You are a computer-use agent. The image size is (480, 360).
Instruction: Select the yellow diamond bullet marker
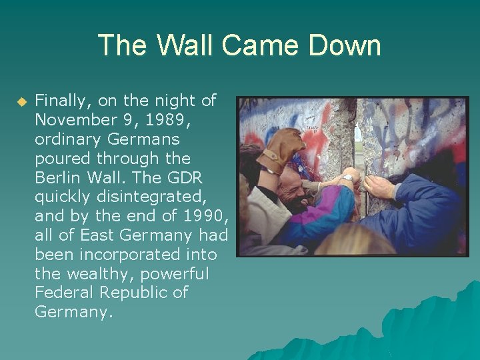tap(21, 102)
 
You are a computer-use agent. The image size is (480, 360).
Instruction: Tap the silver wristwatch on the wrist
tap(348, 178)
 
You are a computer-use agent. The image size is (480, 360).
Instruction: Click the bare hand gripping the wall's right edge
tap(378, 187)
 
